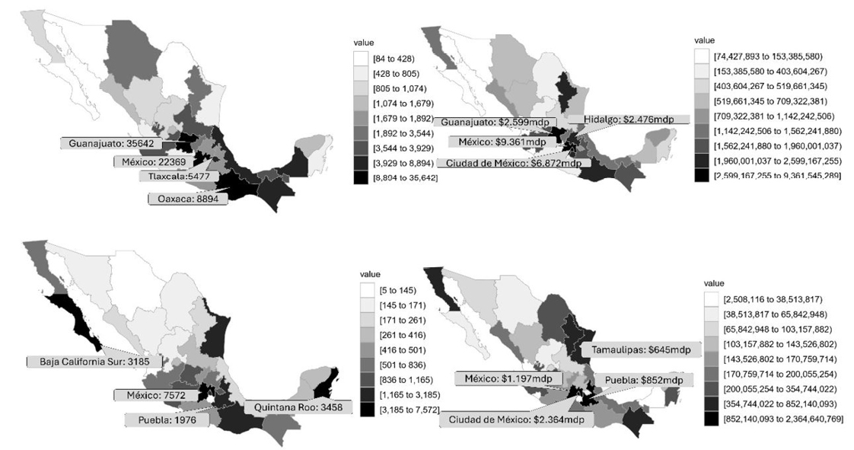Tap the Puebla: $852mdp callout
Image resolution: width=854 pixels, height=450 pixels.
[643, 380]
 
